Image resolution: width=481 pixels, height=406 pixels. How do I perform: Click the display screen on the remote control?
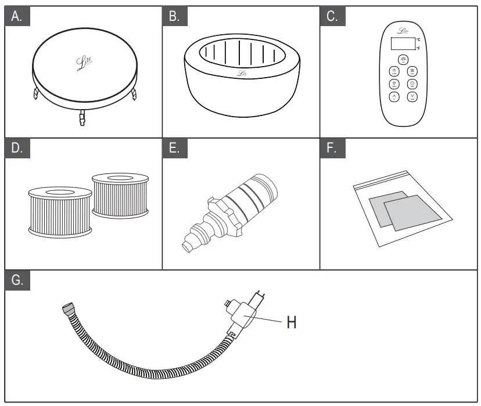click(403, 44)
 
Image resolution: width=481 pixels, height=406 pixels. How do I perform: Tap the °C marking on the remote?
click(418, 39)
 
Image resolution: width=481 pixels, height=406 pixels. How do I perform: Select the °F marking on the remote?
click(418, 49)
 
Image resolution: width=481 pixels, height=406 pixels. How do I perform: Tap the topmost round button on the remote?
click(403, 60)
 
